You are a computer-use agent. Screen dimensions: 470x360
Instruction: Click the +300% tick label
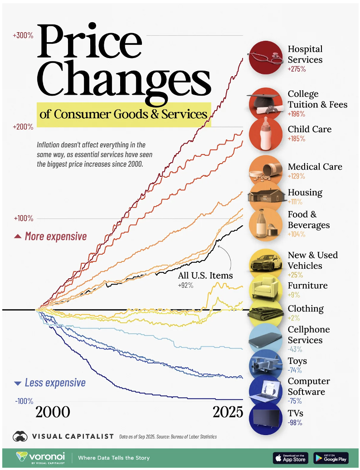pyautogui.click(x=23, y=35)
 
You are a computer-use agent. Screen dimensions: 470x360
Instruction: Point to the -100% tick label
pyautogui.click(x=24, y=401)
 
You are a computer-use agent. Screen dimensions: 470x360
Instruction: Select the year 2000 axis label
pyautogui.click(x=53, y=412)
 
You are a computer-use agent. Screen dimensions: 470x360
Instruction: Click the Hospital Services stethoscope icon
pyautogui.click(x=266, y=57)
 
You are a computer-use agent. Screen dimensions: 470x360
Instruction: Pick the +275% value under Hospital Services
pyautogui.click(x=297, y=69)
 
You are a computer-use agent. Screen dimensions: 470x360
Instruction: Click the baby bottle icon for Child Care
pyautogui.click(x=266, y=134)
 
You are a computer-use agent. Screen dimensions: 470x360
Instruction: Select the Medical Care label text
pyautogui.click(x=315, y=167)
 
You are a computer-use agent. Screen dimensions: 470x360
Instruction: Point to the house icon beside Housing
pyautogui.click(x=266, y=196)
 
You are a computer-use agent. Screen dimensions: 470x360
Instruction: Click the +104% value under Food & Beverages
pyautogui.click(x=297, y=234)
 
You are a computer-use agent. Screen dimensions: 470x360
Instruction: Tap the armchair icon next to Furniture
pyautogui.click(x=266, y=289)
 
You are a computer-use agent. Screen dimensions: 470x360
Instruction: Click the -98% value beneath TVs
pyautogui.click(x=295, y=423)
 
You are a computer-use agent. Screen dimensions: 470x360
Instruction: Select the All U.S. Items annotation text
pyautogui.click(x=205, y=276)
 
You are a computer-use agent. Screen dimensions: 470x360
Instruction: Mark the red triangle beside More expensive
pyautogui.click(x=18, y=236)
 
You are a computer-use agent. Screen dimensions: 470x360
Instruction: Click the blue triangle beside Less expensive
pyautogui.click(x=18, y=383)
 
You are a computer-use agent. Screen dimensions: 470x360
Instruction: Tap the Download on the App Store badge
pyautogui.click(x=290, y=458)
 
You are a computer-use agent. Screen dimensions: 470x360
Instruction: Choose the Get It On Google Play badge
pyautogui.click(x=331, y=458)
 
